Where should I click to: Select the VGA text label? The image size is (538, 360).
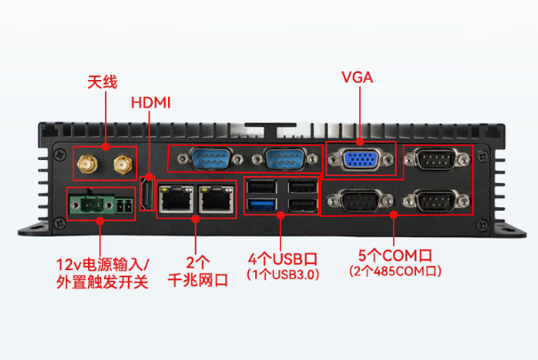(357, 77)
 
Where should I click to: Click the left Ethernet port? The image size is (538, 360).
(175, 199)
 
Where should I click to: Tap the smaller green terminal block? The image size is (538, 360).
(123, 205)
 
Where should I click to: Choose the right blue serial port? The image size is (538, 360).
(281, 161)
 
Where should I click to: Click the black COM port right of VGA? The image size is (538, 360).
(436, 161)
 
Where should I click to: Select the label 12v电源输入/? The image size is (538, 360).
(103, 264)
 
